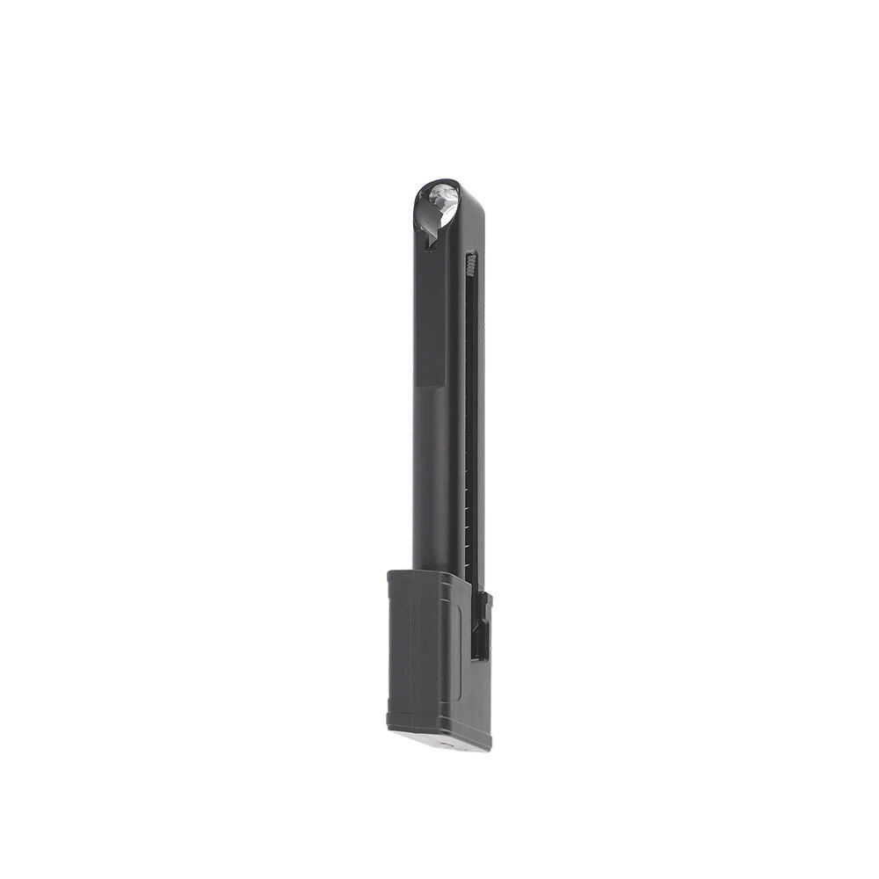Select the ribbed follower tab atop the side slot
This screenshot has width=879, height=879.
coord(471,262)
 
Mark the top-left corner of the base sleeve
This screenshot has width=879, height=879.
coord(389,573)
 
